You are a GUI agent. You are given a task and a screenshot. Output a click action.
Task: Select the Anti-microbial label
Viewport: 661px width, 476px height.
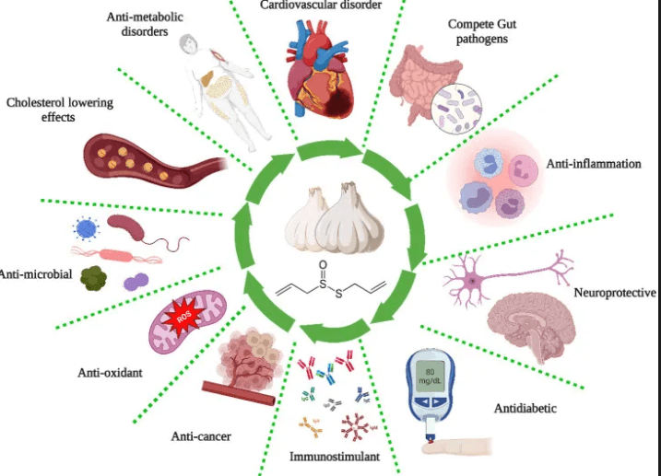point(37,273)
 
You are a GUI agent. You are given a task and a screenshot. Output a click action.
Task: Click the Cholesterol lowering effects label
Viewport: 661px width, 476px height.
point(60,110)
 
